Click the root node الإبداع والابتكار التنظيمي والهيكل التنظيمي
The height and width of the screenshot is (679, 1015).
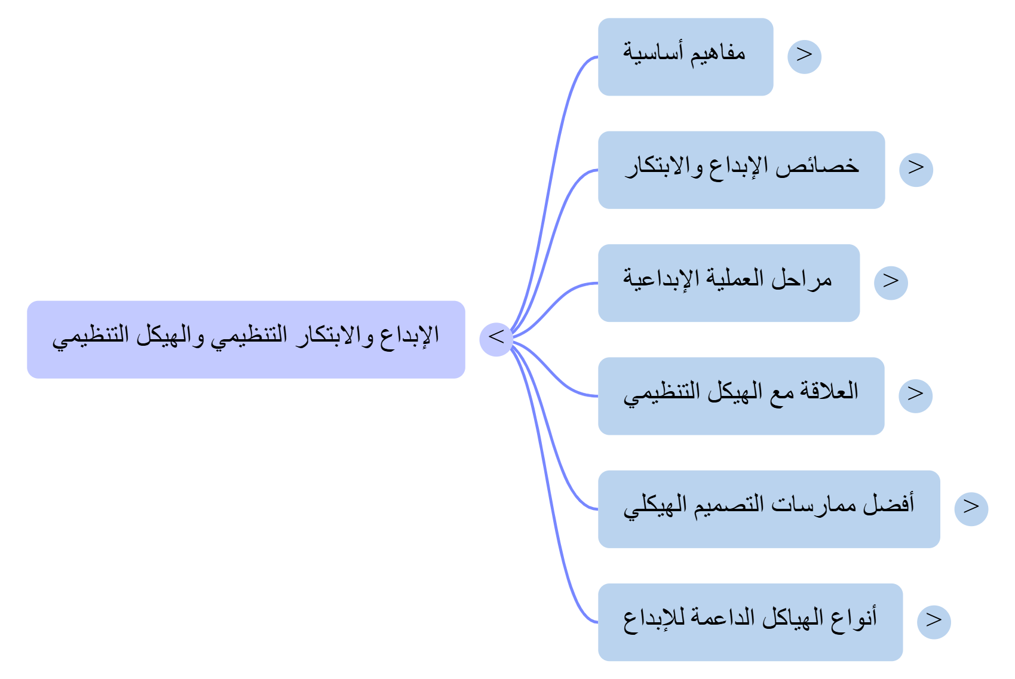tap(246, 339)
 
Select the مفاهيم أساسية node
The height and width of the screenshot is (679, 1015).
tap(685, 57)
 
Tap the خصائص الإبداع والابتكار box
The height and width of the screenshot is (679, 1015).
tap(741, 170)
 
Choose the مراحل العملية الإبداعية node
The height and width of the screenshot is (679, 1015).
tap(728, 282)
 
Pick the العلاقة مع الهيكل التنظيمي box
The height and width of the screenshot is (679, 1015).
tap(741, 395)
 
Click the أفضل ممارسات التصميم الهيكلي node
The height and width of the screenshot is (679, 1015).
tap(768, 509)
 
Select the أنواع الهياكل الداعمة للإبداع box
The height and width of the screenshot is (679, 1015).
tap(750, 622)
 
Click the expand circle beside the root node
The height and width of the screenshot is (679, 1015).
tap(496, 339)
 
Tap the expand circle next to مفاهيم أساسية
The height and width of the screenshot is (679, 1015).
tap(804, 57)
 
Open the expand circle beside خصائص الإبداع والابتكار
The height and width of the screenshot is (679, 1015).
tap(916, 170)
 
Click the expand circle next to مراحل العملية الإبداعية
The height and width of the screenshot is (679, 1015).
tap(891, 282)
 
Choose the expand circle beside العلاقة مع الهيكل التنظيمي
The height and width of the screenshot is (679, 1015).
tap(915, 395)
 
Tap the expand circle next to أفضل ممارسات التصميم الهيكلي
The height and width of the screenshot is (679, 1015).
tap(971, 509)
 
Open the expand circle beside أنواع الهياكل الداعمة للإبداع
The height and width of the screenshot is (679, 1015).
tap(934, 622)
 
